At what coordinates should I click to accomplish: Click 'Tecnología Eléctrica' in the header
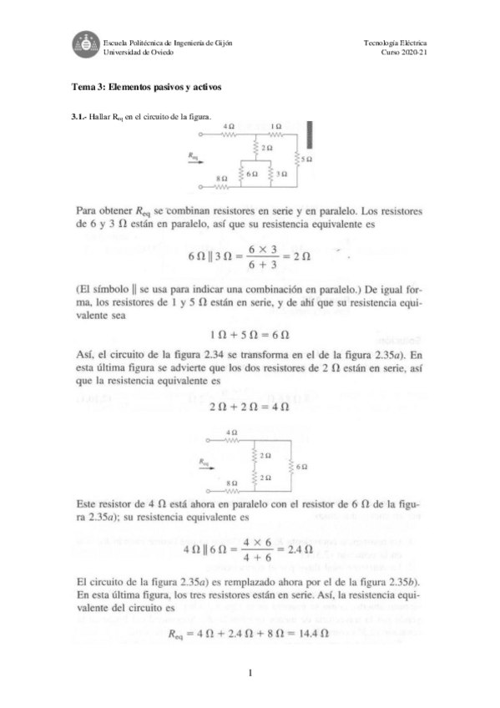(x=396, y=43)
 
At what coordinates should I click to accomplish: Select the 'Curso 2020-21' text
(x=404, y=52)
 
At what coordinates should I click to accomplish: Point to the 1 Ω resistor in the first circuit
(x=275, y=133)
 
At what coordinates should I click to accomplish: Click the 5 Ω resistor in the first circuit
(x=298, y=157)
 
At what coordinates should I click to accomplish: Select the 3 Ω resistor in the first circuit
(x=273, y=173)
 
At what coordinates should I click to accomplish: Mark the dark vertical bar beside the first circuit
(x=311, y=135)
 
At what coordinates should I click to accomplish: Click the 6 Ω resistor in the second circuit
(x=292, y=468)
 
